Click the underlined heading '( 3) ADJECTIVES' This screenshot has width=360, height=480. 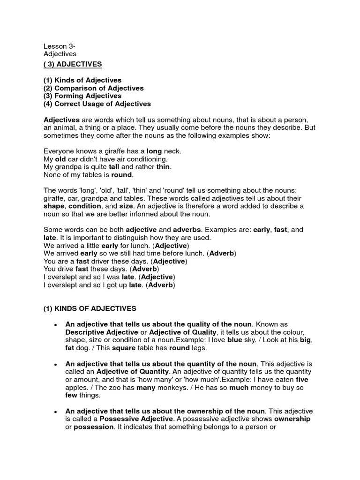point(73,64)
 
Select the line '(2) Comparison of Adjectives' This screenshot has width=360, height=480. point(93,88)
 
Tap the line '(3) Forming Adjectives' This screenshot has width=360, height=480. point(82,96)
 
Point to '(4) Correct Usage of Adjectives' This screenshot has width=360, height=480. point(97,104)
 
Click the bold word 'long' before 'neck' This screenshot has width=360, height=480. point(154,151)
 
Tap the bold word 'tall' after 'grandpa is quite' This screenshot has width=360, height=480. point(114,167)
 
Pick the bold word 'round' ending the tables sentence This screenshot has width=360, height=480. point(122,175)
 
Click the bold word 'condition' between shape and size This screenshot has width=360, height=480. point(84,206)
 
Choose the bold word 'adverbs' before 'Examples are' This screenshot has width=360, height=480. point(187,230)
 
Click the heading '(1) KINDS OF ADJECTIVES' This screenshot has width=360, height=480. point(90,308)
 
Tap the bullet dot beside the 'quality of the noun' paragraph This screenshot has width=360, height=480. point(55,325)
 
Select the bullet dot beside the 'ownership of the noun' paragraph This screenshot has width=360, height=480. point(55,412)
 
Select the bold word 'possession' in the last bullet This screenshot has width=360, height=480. point(94,427)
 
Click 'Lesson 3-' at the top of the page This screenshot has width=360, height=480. point(60,46)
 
